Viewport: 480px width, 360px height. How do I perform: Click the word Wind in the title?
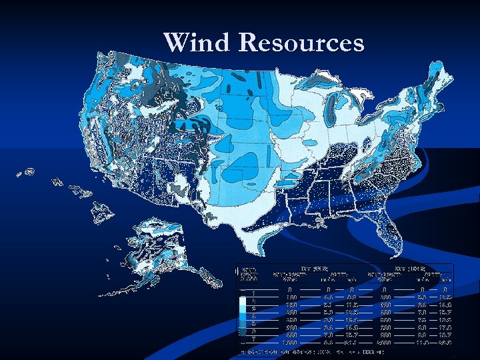tap(197, 42)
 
